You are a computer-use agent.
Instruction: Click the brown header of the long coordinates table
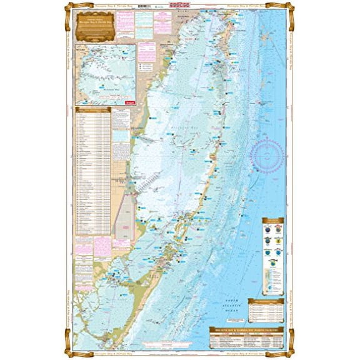click(x=92, y=109)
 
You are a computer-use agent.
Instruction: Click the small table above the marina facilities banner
click(x=266, y=307)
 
